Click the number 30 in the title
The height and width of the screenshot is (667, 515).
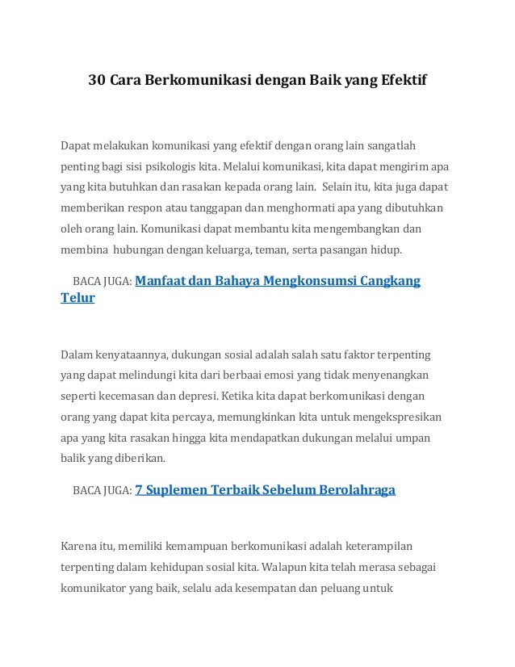[97, 82]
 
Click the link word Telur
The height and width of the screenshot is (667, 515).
[78, 298]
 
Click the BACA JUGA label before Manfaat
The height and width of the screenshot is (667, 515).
[102, 282]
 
